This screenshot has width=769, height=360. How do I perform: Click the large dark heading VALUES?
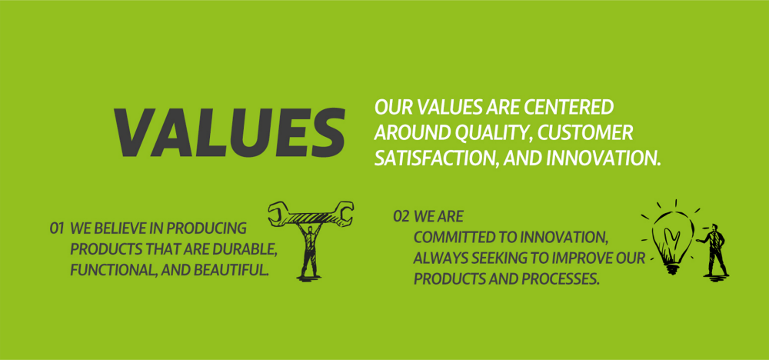click(229, 132)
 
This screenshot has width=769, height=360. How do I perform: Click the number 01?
click(57, 228)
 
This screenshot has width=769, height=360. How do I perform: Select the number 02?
click(401, 216)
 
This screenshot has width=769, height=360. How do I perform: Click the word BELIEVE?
click(129, 228)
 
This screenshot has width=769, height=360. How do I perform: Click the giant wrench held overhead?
click(311, 214)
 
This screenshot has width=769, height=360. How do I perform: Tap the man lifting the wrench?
click(309, 250)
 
